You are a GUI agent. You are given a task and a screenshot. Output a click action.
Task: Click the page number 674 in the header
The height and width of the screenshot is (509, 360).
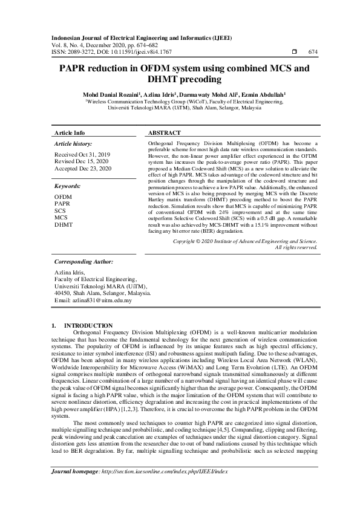pos(313,53)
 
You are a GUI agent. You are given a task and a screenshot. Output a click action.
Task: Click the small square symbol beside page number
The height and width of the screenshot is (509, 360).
pos(294,53)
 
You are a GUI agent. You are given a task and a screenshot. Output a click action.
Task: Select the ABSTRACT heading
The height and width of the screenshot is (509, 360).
pos(164,133)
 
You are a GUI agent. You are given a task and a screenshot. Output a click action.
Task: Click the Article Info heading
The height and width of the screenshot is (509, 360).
pos(70,133)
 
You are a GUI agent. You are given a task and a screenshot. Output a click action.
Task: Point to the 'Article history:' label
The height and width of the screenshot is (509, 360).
pos(72,144)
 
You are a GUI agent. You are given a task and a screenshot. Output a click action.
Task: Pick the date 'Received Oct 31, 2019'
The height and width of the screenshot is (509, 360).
pos(83,155)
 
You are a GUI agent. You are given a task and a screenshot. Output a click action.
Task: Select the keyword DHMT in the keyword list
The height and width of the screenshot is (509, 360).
pos(64,224)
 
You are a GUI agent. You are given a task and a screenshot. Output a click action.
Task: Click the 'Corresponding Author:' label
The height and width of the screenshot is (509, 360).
pos(83,262)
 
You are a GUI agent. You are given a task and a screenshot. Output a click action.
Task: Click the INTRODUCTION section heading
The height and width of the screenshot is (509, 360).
pos(88,326)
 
